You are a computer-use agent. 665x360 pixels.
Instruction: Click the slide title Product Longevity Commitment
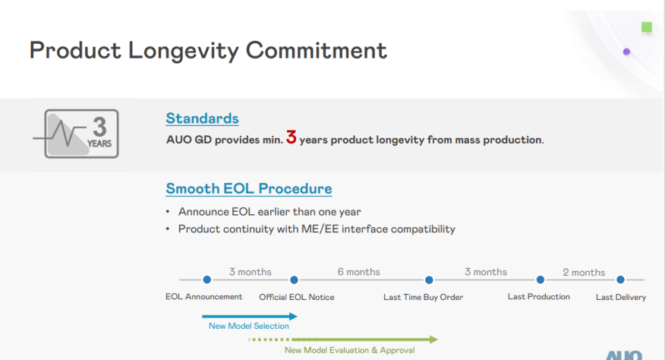click(208, 50)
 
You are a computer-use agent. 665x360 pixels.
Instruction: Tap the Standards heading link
click(202, 118)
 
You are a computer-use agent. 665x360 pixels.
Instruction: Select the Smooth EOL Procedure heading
click(248, 188)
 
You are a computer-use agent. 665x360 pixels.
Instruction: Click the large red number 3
click(291, 138)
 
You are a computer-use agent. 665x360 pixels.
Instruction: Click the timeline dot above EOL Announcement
click(206, 279)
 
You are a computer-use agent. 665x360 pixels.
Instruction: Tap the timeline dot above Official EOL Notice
click(295, 279)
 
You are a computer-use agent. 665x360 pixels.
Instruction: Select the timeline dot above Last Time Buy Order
click(429, 279)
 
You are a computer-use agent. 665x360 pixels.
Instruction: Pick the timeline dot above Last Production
click(541, 279)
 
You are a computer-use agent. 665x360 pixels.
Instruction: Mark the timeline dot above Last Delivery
click(620, 279)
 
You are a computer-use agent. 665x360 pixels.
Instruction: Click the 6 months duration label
click(358, 272)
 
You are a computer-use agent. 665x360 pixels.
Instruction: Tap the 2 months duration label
click(584, 273)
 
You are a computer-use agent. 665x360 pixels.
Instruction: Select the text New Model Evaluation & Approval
click(349, 350)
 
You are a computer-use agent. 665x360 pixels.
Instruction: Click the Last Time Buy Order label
click(423, 297)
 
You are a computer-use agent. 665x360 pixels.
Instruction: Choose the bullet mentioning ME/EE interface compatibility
click(317, 229)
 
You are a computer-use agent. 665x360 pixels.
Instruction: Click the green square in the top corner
click(647, 27)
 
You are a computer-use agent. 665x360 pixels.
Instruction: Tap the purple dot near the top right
click(626, 52)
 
